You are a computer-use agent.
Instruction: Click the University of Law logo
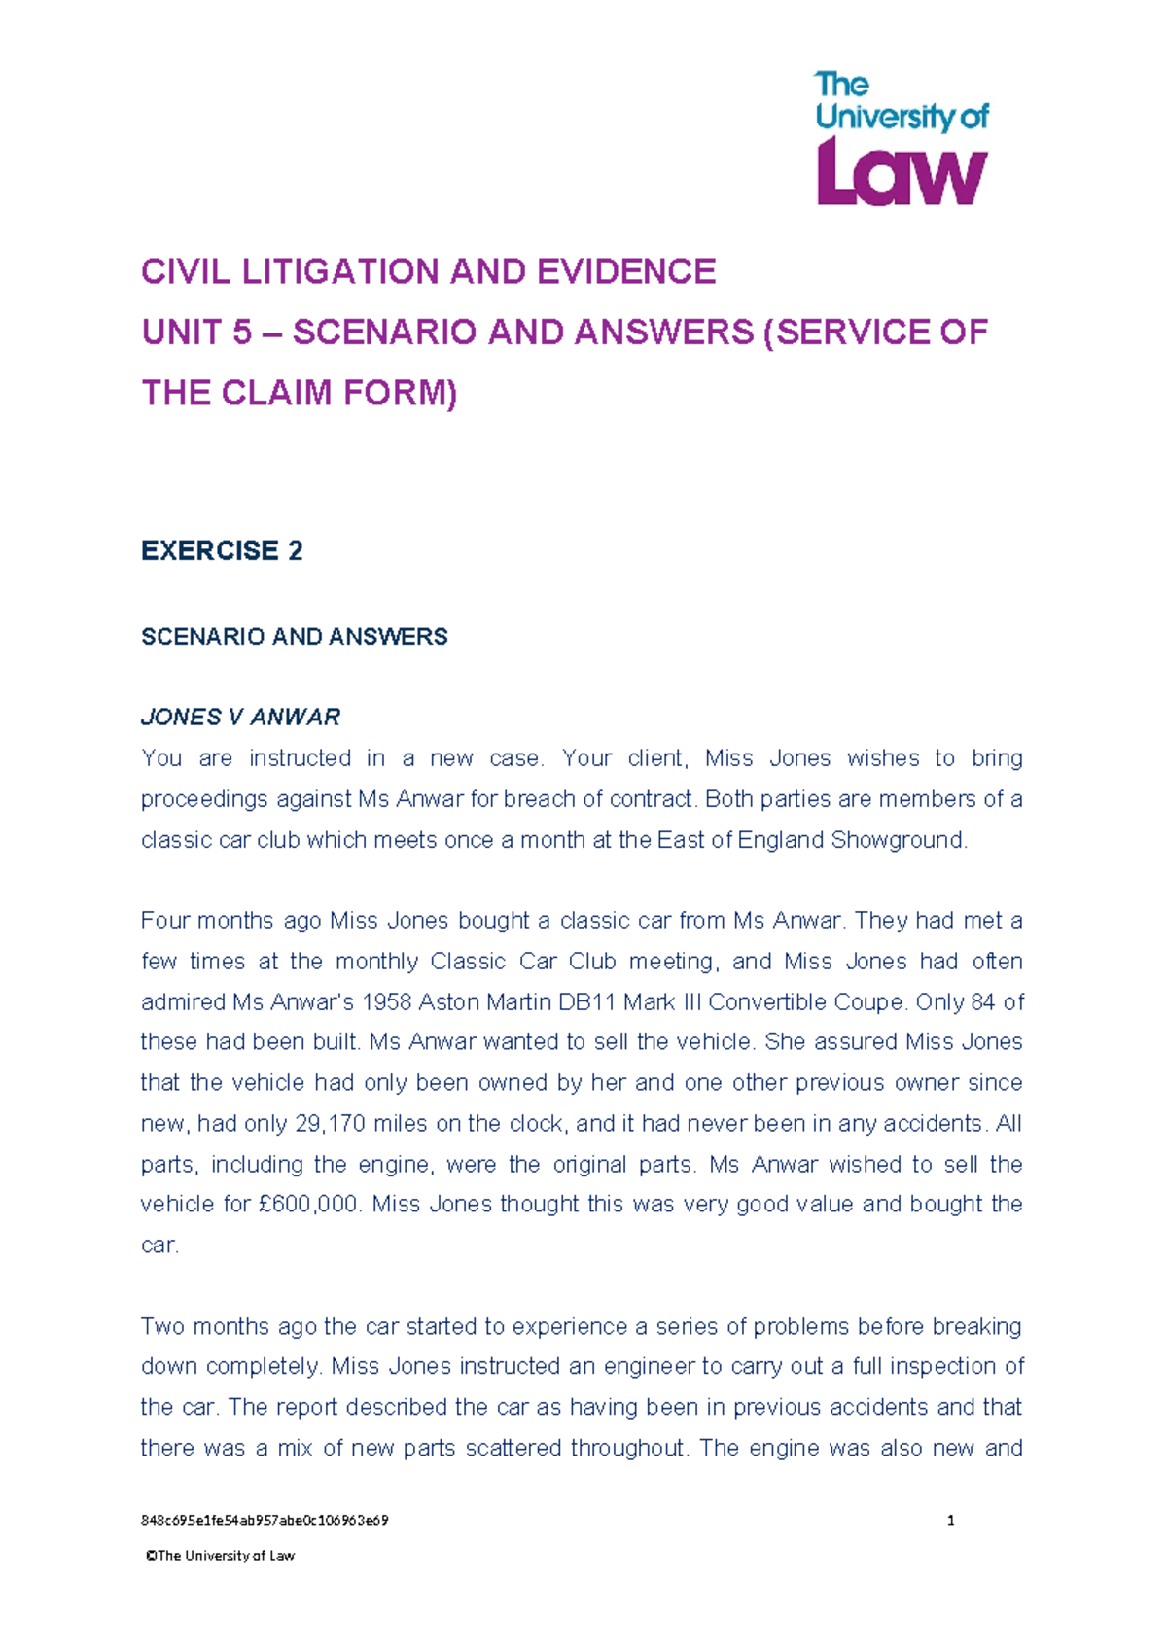click(x=901, y=138)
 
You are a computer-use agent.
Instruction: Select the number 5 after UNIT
click(x=241, y=333)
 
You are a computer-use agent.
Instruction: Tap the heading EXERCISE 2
click(x=222, y=550)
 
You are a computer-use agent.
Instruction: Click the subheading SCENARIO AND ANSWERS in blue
click(x=294, y=637)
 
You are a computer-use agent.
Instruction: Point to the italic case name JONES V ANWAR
click(x=240, y=718)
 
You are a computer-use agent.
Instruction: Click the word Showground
click(x=900, y=840)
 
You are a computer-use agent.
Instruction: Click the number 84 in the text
click(x=982, y=1002)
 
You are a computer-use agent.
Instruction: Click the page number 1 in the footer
click(x=950, y=1521)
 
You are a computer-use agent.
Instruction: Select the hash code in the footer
click(x=265, y=1521)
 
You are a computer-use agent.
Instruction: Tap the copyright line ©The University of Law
click(x=220, y=1556)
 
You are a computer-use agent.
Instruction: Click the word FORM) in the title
click(x=399, y=393)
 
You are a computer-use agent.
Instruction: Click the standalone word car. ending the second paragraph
click(x=159, y=1246)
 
